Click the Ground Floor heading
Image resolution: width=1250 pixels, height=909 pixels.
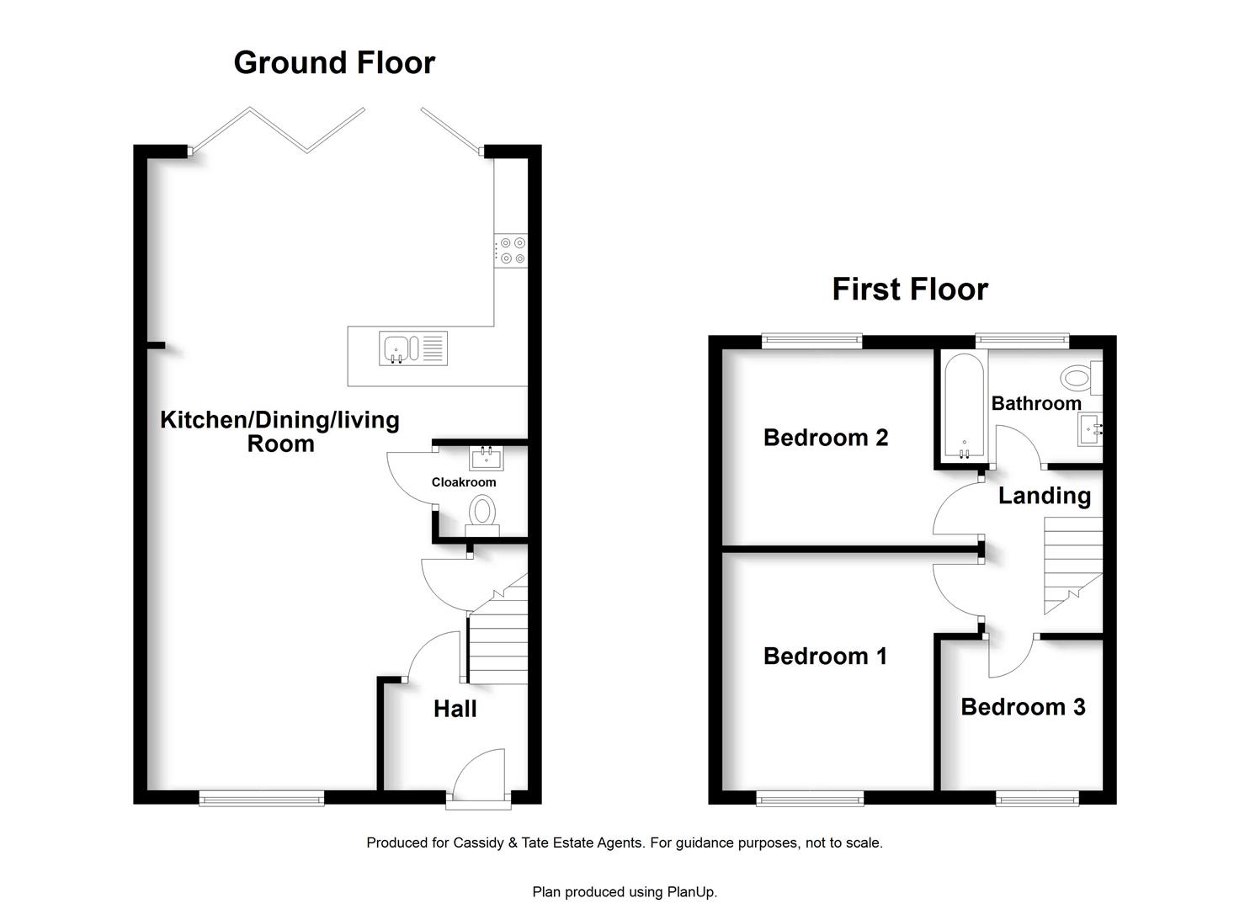(334, 62)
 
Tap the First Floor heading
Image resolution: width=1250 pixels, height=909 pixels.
(910, 289)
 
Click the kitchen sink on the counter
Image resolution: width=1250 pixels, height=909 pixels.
(413, 348)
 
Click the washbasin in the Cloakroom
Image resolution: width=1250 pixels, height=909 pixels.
(486, 459)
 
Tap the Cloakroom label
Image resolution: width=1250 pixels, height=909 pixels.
(464, 482)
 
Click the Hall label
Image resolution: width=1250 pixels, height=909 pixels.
(455, 709)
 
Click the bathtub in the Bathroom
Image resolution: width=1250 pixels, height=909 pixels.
(964, 407)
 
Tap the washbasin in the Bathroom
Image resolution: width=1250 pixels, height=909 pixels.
(1090, 429)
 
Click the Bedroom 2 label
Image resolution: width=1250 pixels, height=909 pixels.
(825, 438)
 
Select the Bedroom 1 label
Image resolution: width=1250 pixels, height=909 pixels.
(825, 656)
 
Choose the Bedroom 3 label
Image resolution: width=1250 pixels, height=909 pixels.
(1023, 707)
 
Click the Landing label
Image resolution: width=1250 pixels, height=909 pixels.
(1044, 496)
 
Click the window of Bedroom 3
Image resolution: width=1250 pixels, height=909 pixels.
(1037, 800)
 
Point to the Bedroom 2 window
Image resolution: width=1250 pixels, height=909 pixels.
(812, 340)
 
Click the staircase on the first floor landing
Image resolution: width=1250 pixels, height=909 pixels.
(1073, 566)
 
